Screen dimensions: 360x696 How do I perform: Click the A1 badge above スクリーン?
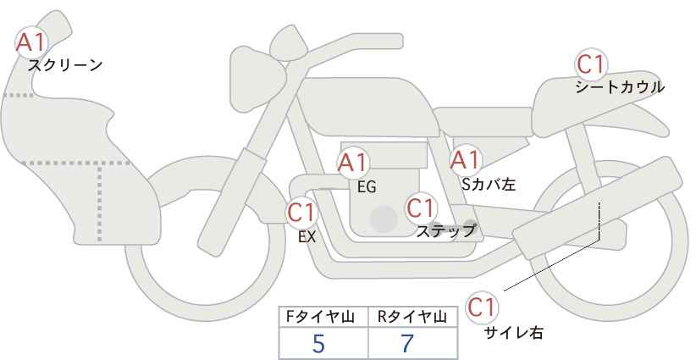(31, 41)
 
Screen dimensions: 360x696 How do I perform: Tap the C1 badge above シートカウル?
(591, 64)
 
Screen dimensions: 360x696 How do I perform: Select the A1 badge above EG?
(353, 162)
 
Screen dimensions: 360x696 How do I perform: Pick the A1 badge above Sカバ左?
(465, 159)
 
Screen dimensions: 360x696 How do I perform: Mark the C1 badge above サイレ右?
(483, 306)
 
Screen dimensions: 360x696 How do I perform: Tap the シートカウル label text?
(619, 87)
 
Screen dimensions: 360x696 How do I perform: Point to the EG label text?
(367, 186)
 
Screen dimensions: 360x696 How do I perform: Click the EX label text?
(307, 237)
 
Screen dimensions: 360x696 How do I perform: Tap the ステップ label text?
(446, 230)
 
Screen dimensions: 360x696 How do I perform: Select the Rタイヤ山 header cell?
(413, 317)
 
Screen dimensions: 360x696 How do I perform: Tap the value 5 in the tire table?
(318, 344)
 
